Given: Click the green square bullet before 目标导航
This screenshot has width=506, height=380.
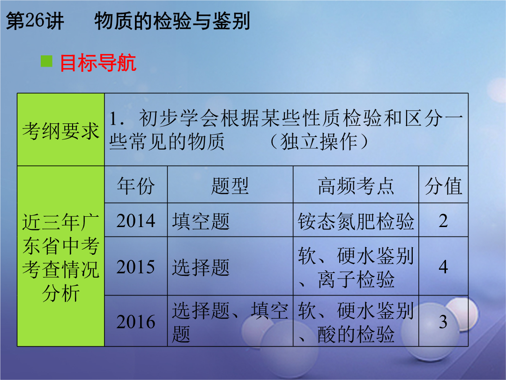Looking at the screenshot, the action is [46, 61].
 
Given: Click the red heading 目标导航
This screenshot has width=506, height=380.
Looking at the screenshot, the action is [98, 63].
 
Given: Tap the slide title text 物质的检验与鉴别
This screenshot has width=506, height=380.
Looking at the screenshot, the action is [172, 21].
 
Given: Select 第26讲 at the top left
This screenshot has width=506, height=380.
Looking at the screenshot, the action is [35, 21].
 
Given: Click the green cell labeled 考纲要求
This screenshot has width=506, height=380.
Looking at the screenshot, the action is [60, 130].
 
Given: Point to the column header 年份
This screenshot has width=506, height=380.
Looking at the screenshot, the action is [136, 186].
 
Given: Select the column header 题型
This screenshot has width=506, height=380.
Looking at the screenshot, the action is [230, 186].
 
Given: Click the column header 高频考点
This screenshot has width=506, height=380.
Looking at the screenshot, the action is [356, 186].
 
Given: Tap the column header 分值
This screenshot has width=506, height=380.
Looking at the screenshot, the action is [443, 186].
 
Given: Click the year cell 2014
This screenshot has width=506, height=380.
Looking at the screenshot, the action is [136, 220].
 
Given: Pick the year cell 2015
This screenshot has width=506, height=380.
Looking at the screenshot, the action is [136, 267].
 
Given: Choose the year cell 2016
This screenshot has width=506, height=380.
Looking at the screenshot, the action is [136, 322].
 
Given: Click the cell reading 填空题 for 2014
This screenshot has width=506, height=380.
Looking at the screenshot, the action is [201, 221].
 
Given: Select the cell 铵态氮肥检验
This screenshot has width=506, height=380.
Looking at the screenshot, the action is [356, 221].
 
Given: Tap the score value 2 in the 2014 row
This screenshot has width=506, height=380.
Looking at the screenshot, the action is [443, 221].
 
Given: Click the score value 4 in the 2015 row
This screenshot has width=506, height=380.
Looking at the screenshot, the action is [443, 267].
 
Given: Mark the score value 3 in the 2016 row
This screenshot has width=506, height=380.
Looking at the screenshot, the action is [443, 322].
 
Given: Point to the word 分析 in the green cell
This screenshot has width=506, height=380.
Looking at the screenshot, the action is [60, 293].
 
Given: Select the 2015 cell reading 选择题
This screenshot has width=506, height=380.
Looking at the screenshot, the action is [201, 267].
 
